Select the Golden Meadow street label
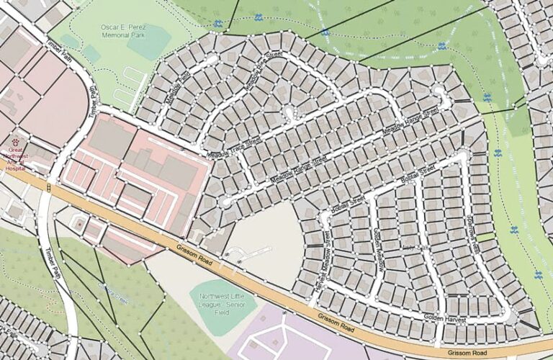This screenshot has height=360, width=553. pyautogui.click(x=379, y=249)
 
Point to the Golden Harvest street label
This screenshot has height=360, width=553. pyautogui.click(x=445, y=318)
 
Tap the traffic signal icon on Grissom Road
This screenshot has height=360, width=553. pyautogui.click(x=48, y=188)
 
